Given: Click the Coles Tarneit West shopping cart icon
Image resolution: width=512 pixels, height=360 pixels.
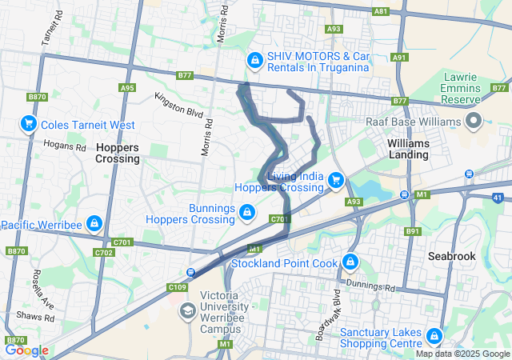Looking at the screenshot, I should pyautogui.click(x=28, y=124).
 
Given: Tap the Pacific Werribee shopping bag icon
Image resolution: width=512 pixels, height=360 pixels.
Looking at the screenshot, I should pyautogui.click(x=94, y=222).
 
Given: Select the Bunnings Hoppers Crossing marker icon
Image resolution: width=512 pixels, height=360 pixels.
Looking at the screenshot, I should pyautogui.click(x=248, y=211).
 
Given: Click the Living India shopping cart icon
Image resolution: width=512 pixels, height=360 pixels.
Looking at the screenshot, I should pyautogui.click(x=336, y=181).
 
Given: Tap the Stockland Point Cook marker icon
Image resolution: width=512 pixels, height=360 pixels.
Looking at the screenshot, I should pyautogui.click(x=350, y=262).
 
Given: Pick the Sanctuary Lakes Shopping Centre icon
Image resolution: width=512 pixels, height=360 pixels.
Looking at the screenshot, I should pyautogui.click(x=434, y=335).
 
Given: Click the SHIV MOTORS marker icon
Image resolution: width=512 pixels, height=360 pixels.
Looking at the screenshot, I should pyautogui.click(x=254, y=60).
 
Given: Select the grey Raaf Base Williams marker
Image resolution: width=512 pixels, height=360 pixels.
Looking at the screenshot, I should pyautogui.click(x=473, y=121).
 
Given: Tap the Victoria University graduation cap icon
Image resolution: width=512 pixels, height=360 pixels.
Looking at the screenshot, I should pyautogui.click(x=188, y=310).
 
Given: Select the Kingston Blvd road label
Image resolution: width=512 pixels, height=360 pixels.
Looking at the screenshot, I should pyautogui.click(x=179, y=103).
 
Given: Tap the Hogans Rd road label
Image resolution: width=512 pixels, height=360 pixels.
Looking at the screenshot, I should pyautogui.click(x=70, y=147).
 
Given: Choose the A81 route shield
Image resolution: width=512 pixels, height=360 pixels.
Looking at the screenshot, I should pyautogui.click(x=381, y=11).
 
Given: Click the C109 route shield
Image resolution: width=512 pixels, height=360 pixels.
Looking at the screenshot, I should pyautogui.click(x=177, y=286).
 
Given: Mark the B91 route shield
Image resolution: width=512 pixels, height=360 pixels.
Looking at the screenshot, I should pyautogui.click(x=413, y=231).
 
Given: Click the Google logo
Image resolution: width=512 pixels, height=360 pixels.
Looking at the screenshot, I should pyautogui.click(x=26, y=350).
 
